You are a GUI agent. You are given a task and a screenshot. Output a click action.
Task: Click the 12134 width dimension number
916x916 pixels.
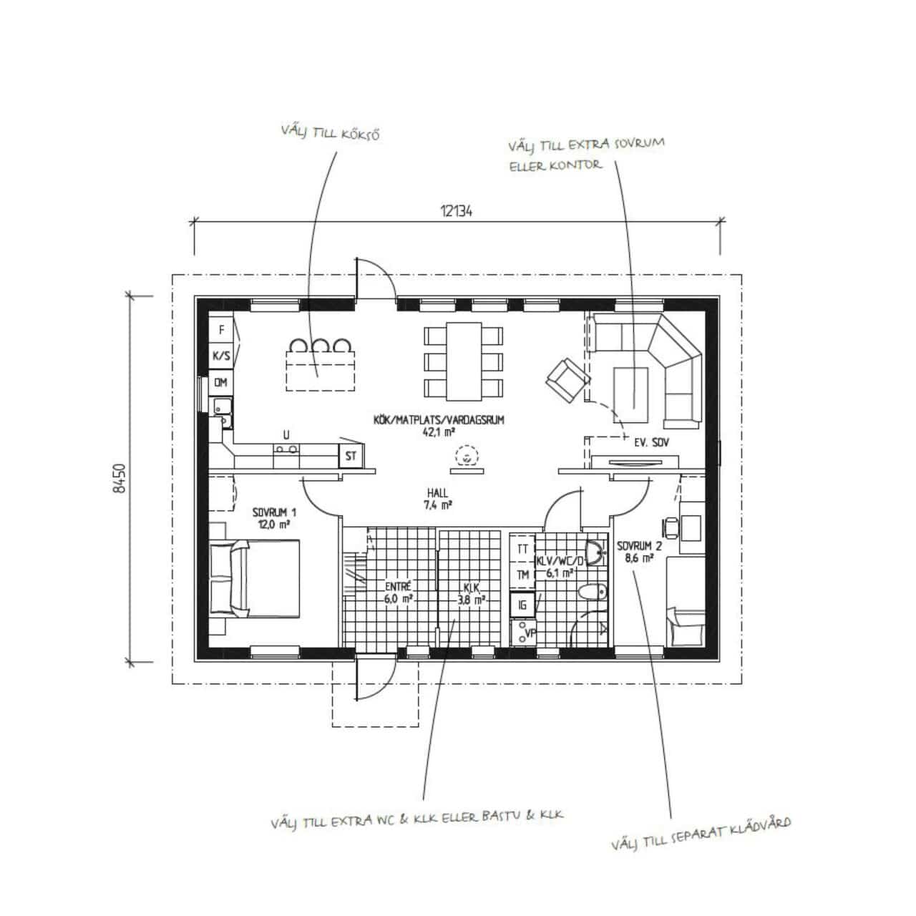tap(457, 211)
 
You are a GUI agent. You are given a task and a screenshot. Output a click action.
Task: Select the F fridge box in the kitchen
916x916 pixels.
tap(221, 329)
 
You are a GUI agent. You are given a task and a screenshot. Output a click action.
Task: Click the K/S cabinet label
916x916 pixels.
tap(221, 356)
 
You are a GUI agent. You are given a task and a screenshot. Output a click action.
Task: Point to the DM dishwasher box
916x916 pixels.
tap(221, 382)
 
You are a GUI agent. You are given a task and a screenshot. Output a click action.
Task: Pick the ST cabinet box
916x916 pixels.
tap(351, 457)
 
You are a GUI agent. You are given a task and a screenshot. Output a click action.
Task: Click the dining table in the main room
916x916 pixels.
tap(464, 361)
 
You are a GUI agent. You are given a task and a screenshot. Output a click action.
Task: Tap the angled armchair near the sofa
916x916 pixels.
tap(567, 380)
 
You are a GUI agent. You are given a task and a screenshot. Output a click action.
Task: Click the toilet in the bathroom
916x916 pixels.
tap(593, 593)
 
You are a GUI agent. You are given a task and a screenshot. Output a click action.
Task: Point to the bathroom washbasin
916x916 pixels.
tap(595, 553)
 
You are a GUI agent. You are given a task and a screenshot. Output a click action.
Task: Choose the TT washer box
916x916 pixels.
tap(522, 549)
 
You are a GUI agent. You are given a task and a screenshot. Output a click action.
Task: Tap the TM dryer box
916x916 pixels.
tap(522, 575)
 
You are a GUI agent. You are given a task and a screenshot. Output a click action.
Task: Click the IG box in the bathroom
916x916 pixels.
tap(522, 605)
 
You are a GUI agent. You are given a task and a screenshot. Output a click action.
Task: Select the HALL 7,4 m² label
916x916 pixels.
tap(437, 499)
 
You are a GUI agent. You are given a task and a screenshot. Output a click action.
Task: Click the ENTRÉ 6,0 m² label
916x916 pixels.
tap(398, 593)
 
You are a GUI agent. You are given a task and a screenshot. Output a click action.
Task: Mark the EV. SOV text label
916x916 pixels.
tap(651, 442)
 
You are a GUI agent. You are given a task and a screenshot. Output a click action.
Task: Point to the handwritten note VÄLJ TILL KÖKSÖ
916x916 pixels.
tap(331, 132)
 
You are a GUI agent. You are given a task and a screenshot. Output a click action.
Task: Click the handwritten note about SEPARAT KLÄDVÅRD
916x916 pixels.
tap(701, 835)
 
